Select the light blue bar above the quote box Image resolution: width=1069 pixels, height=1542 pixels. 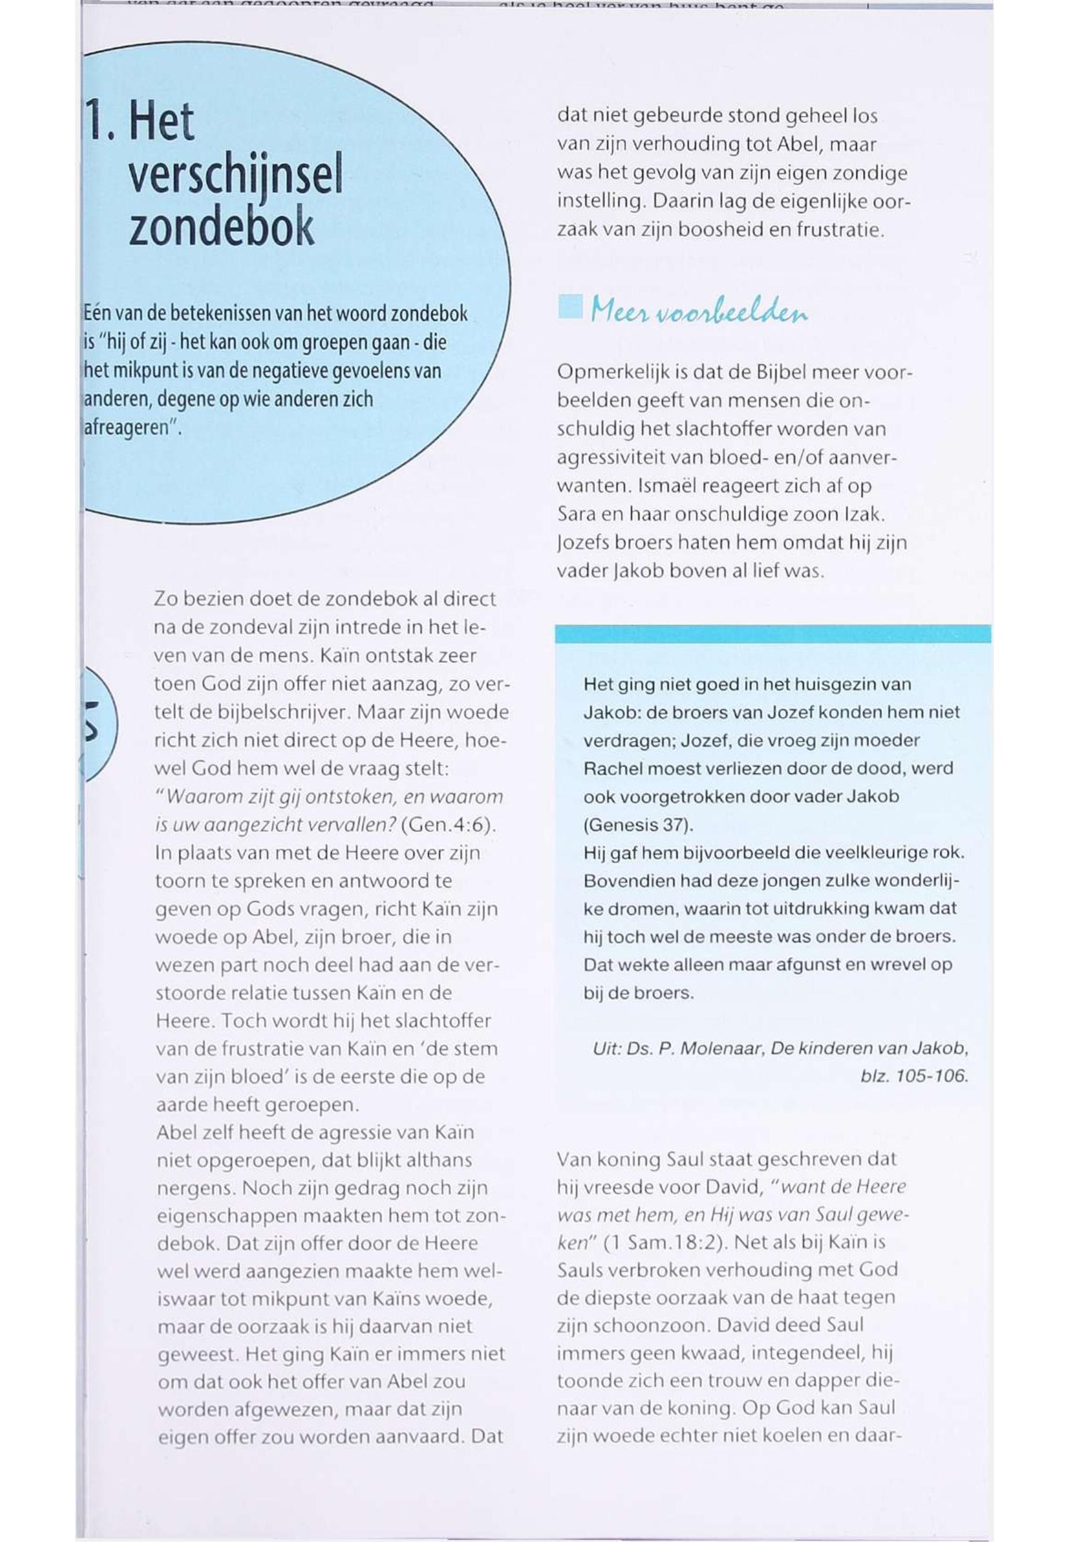click(x=772, y=633)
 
